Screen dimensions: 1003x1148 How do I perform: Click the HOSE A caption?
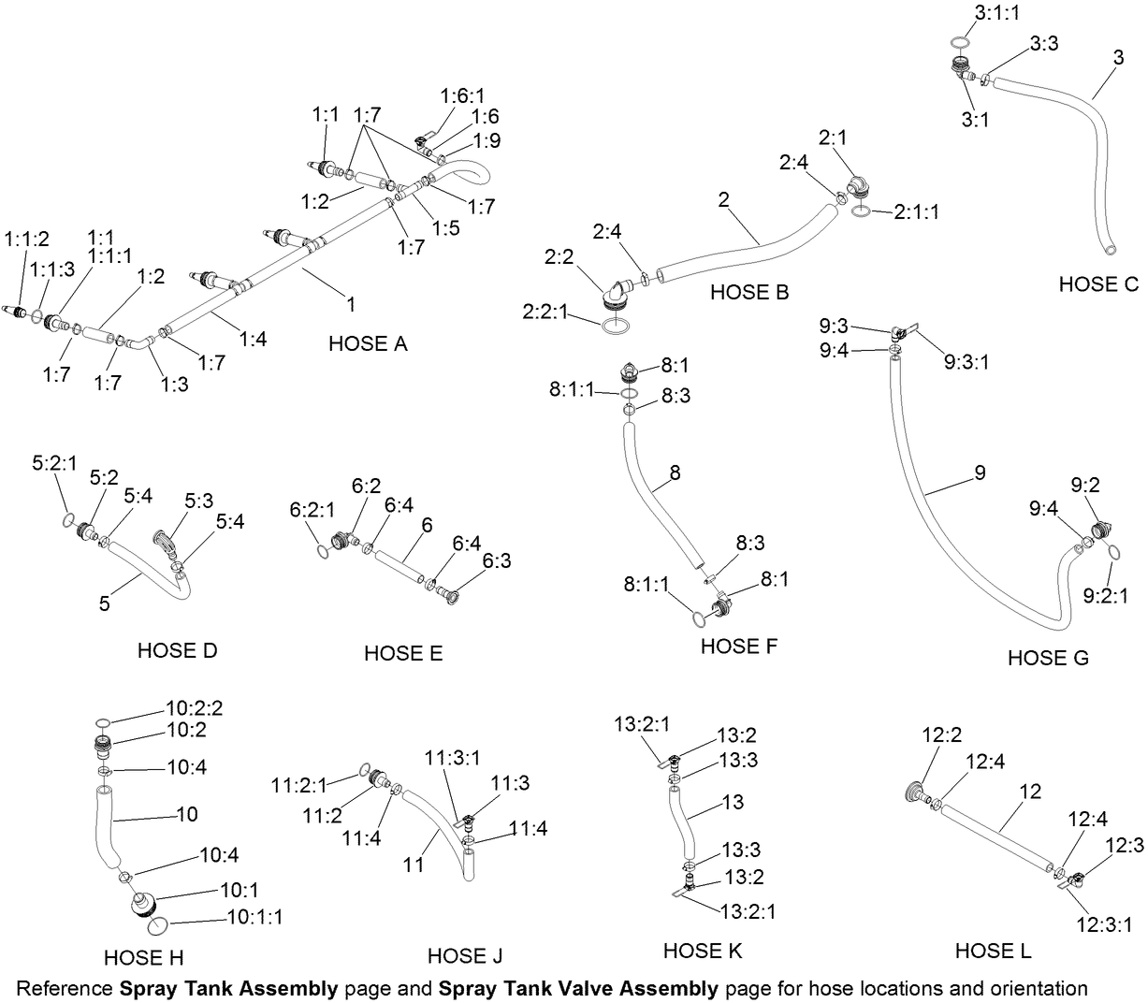[368, 344]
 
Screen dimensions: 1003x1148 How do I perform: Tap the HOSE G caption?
[1048, 658]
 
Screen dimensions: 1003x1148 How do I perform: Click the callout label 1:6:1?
[462, 95]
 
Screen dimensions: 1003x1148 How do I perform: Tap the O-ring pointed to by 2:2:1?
[614, 326]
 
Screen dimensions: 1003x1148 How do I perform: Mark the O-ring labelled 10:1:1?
[157, 924]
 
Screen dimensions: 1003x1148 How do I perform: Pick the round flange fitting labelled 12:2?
[917, 792]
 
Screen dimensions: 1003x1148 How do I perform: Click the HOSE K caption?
[703, 951]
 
